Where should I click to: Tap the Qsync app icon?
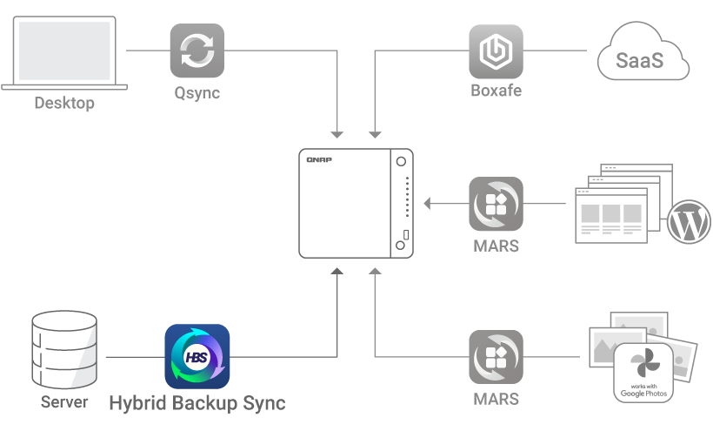tap(197, 51)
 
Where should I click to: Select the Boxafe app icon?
tap(496, 51)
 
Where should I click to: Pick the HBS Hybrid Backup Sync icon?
tap(197, 356)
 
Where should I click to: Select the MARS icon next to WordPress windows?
tap(496, 205)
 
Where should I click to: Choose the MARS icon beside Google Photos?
tap(496, 357)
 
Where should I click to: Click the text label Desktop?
tap(64, 104)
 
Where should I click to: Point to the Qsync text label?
tap(197, 92)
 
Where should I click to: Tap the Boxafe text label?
tap(496, 91)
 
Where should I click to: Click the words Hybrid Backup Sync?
tap(197, 403)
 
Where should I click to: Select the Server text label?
tap(64, 402)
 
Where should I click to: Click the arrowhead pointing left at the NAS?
tap(428, 205)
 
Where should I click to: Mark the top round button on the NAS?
tap(401, 163)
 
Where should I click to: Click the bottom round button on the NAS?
tap(401, 246)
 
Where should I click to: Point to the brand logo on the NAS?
tap(321, 160)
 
